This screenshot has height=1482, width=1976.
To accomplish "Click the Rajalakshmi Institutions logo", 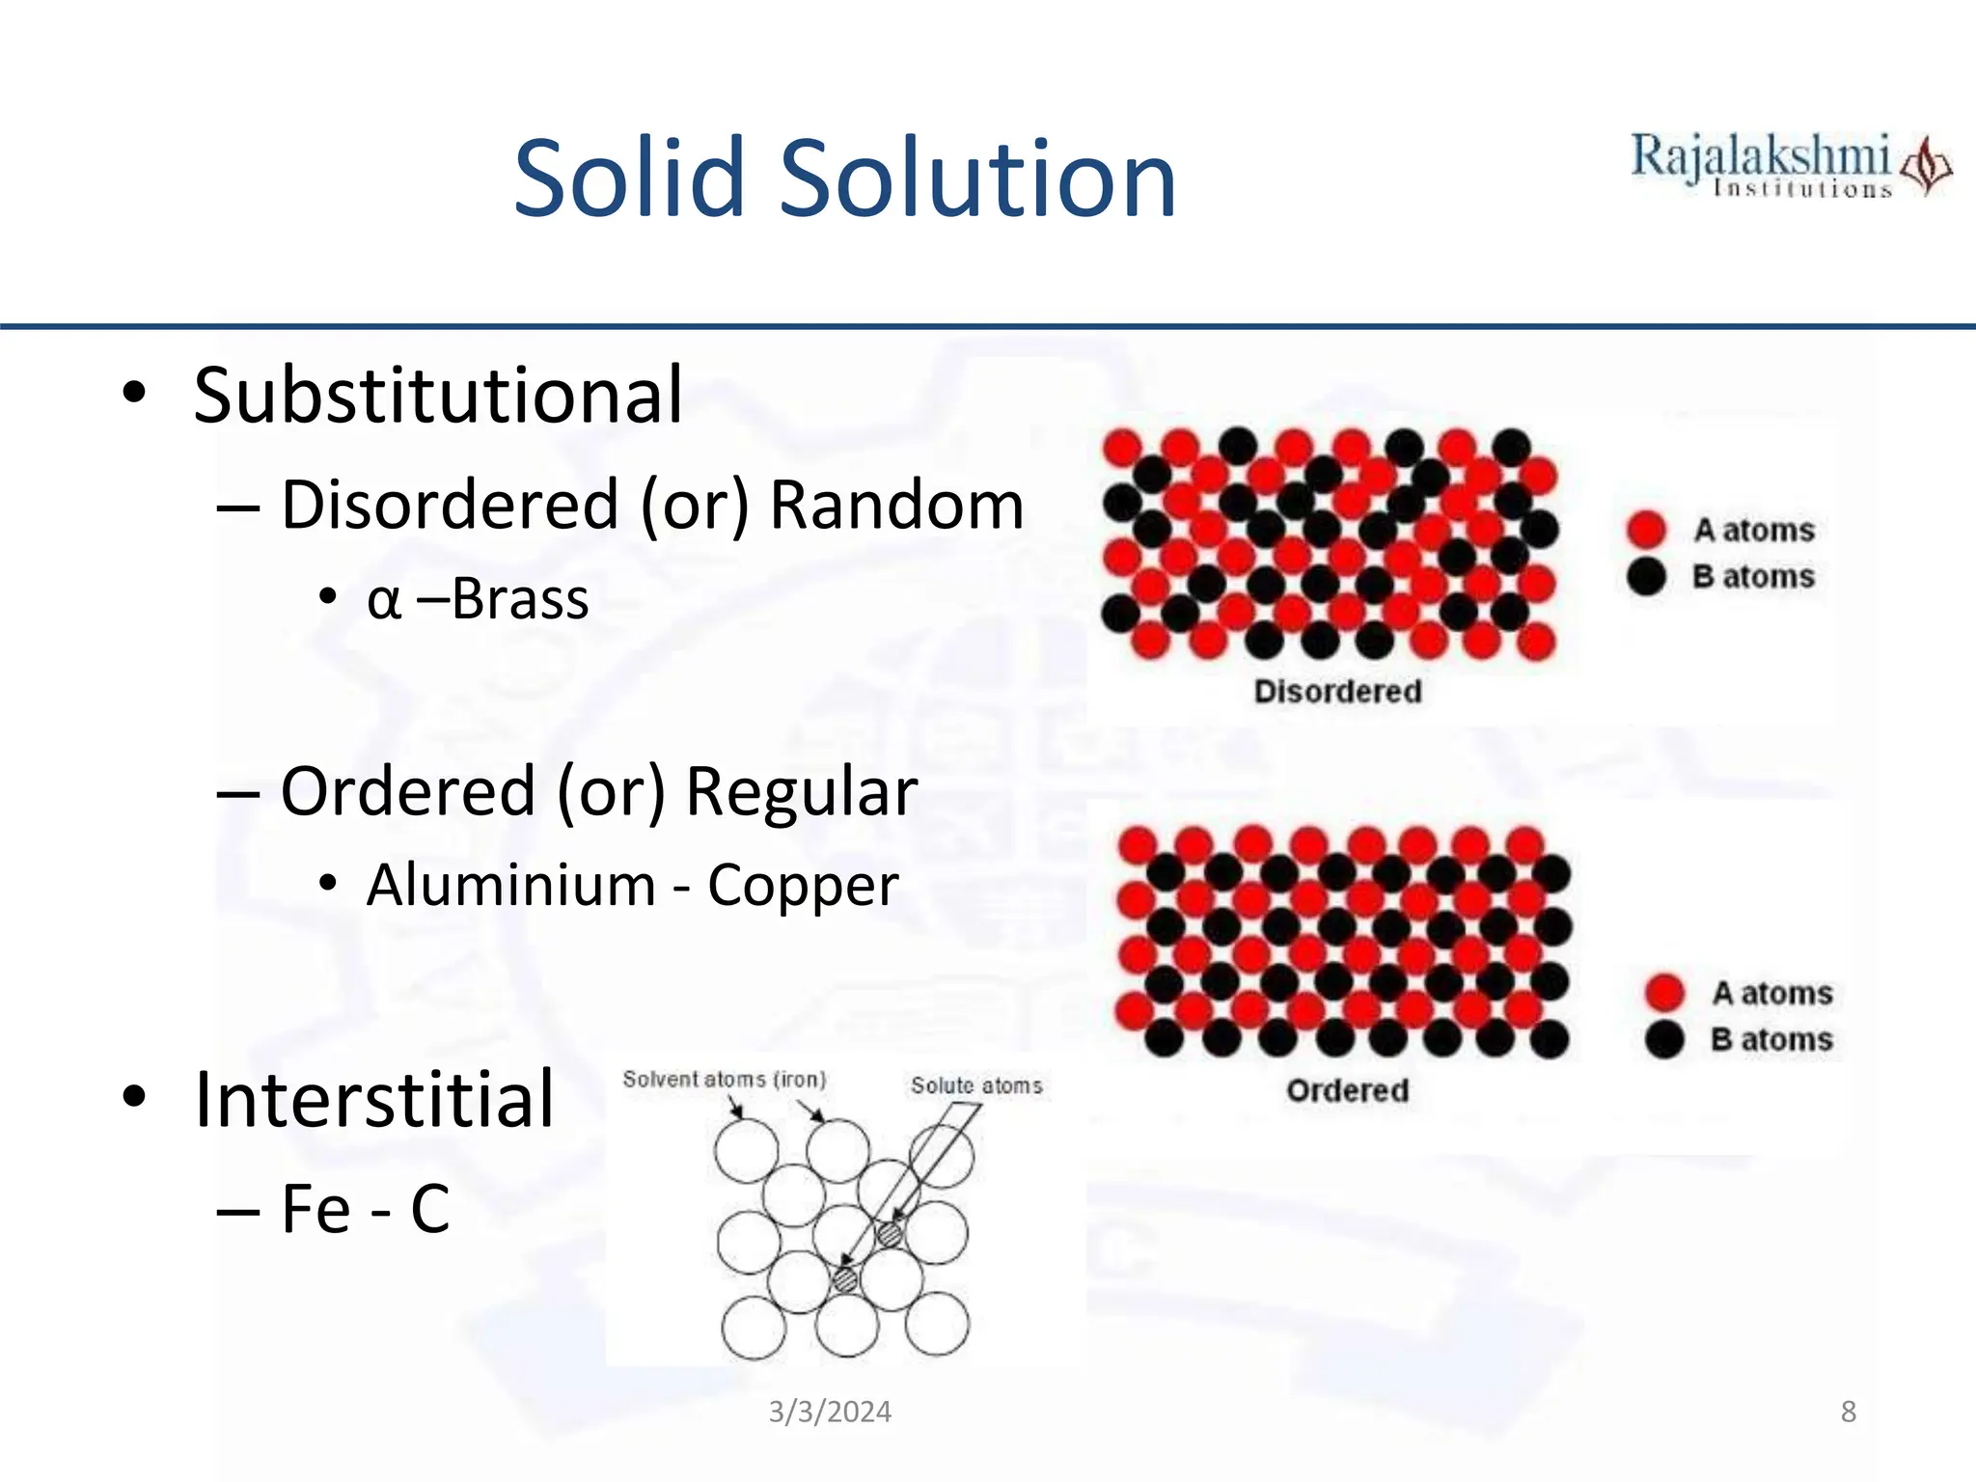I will [1790, 166].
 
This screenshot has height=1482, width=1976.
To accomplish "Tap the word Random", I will [896, 505].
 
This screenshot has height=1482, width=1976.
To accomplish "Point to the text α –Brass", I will [478, 599].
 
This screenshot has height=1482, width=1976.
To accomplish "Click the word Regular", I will [800, 791].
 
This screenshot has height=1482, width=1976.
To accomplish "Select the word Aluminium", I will [510, 885].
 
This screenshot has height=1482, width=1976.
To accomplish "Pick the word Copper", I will [803, 885].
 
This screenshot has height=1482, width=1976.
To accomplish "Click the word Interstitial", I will [373, 1100].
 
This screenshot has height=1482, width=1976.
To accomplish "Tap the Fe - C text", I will [365, 1208].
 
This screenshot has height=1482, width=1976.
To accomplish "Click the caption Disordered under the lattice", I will [1337, 691].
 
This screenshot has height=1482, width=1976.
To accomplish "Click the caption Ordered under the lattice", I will [1347, 1090].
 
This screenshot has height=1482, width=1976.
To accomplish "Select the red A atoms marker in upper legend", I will [1646, 529].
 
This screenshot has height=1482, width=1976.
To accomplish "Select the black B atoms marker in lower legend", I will [1664, 1039].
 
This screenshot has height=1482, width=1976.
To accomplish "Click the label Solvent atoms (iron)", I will [724, 1079].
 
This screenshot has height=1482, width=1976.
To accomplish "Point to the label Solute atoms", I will [976, 1085].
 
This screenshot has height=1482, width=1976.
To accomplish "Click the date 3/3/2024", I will [830, 1412].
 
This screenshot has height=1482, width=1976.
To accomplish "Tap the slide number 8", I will [1848, 1412].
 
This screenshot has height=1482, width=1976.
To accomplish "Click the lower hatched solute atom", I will [845, 1279].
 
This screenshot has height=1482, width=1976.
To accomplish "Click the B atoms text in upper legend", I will [1753, 576].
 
